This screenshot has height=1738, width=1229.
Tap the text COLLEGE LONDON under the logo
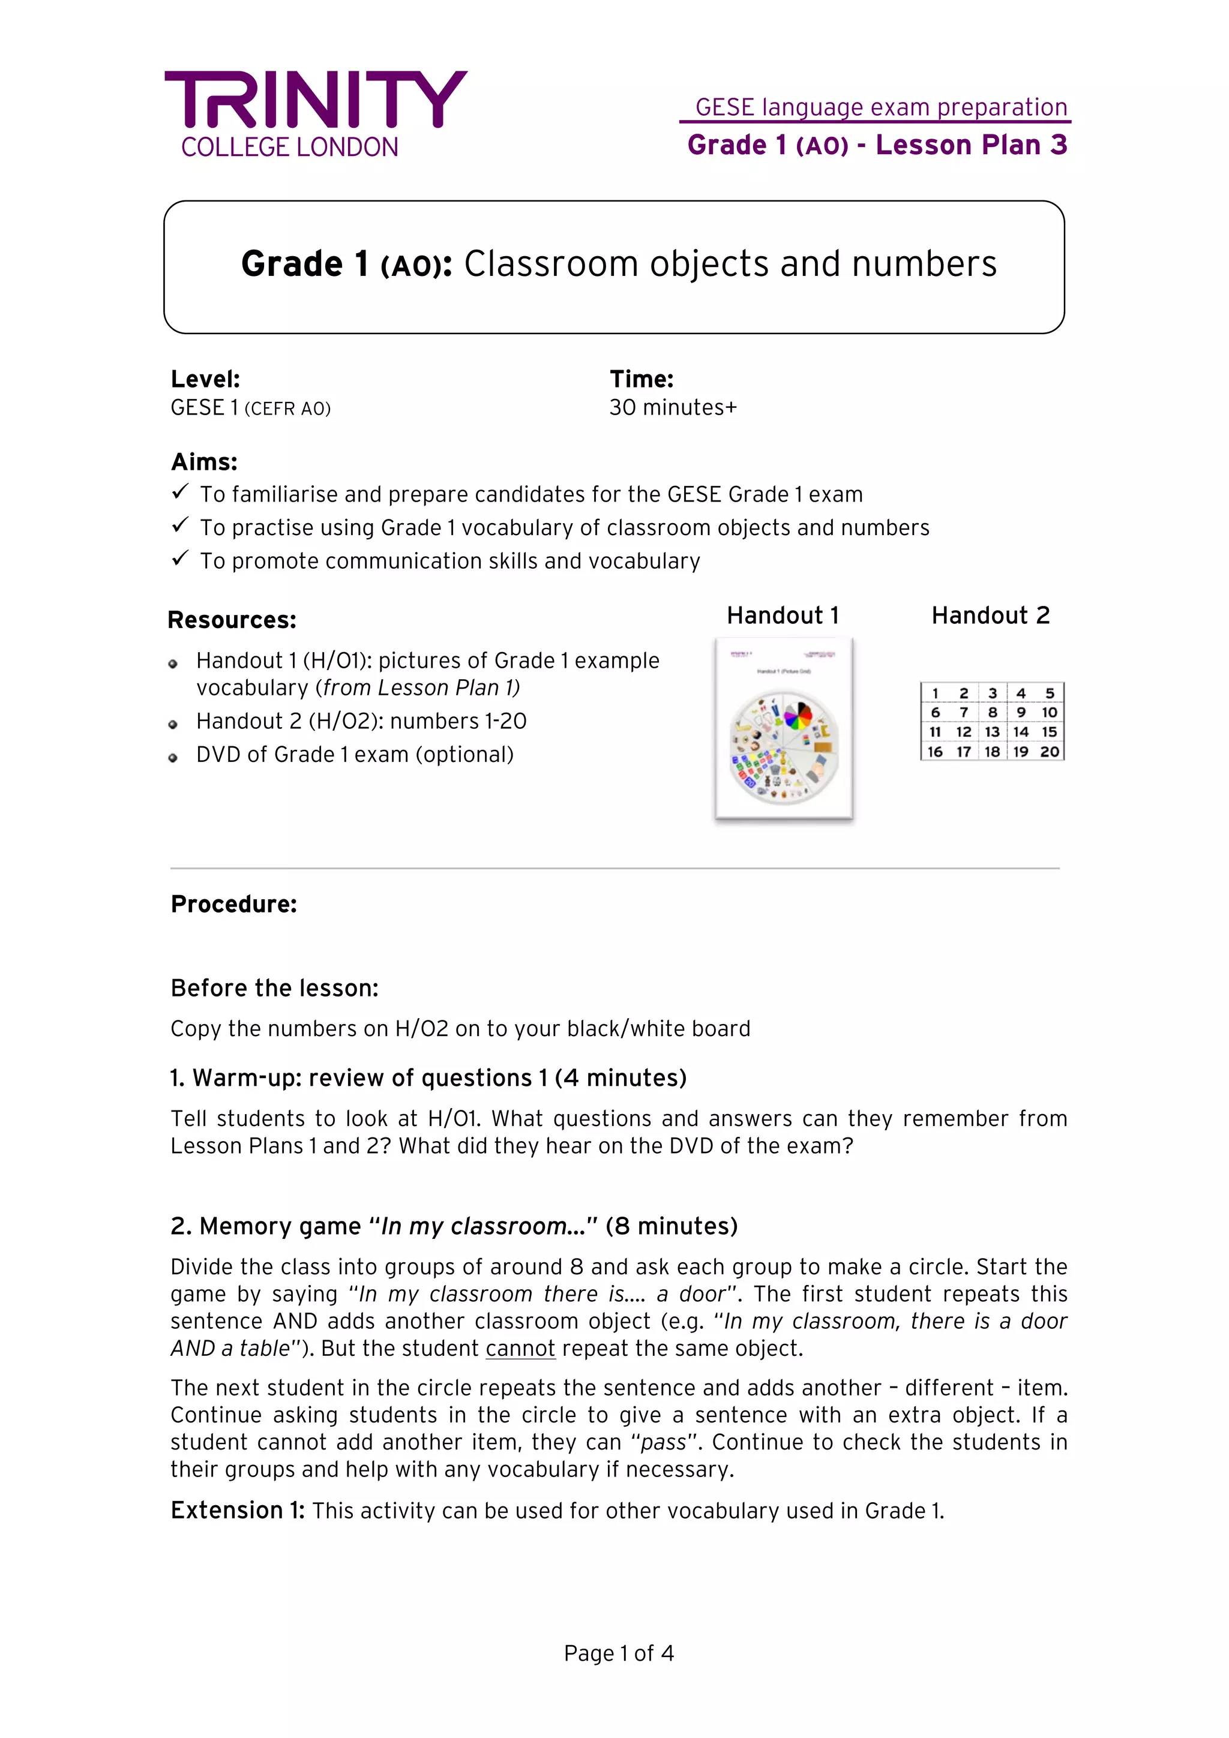289,147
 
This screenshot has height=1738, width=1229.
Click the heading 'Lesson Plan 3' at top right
971,145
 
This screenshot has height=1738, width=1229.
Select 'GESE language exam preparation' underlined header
881,107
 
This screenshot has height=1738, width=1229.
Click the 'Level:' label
205,379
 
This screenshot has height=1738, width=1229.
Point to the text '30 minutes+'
673,407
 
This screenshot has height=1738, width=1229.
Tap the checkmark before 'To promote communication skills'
179,559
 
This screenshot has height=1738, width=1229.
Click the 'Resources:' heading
232,620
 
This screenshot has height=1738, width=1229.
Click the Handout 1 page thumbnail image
784,728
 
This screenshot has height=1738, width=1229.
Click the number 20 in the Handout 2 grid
1049,752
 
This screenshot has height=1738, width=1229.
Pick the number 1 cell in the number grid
935,694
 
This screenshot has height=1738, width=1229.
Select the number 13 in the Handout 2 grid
992,732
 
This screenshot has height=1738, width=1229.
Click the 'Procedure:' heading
233,904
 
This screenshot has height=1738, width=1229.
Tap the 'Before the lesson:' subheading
274,988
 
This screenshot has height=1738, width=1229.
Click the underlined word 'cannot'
520,1348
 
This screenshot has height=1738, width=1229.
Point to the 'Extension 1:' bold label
237,1510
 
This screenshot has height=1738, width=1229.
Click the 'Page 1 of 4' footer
618,1653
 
